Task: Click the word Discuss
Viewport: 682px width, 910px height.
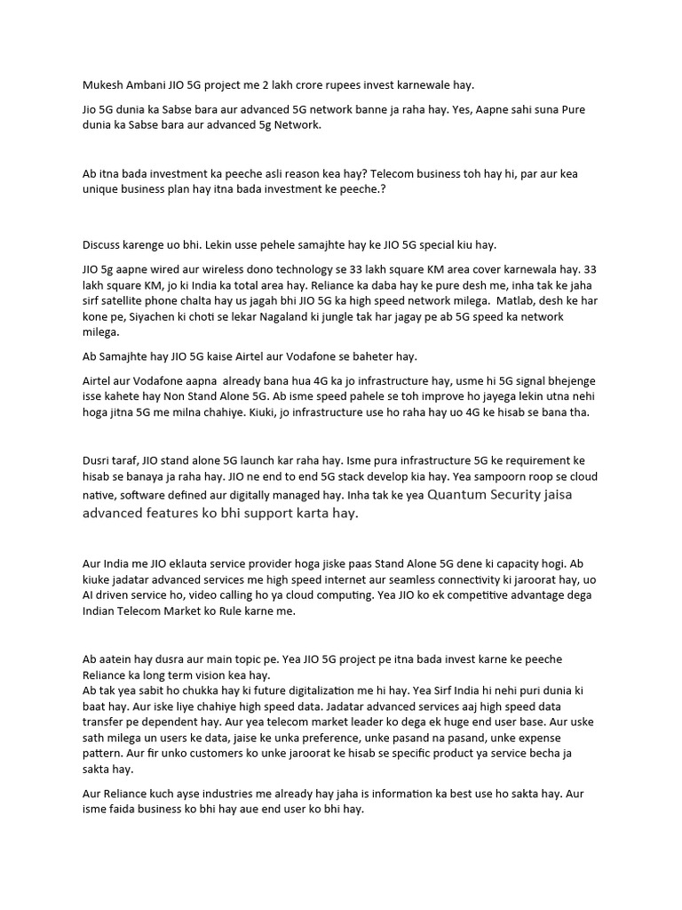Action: point(105,244)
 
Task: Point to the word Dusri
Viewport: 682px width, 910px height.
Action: point(99,461)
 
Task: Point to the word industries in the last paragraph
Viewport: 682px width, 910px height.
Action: point(254,794)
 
